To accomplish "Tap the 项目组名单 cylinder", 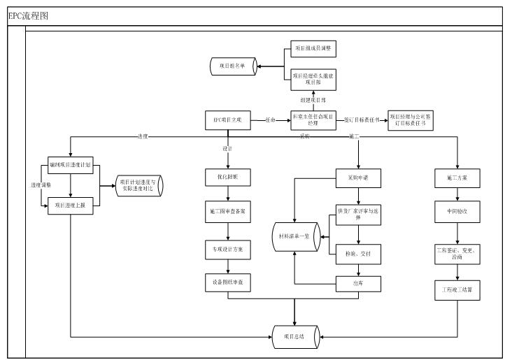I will point(233,66).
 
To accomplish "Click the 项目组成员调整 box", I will point(313,50).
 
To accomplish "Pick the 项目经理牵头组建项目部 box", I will point(313,78).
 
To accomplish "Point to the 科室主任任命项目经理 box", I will point(313,120).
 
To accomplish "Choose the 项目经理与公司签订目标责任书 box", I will point(411,120).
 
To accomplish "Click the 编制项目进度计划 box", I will point(70,165).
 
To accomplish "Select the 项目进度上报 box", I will point(70,206).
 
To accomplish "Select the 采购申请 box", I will point(358,178).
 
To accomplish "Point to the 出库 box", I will point(358,283).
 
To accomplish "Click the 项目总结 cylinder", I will point(295,337).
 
